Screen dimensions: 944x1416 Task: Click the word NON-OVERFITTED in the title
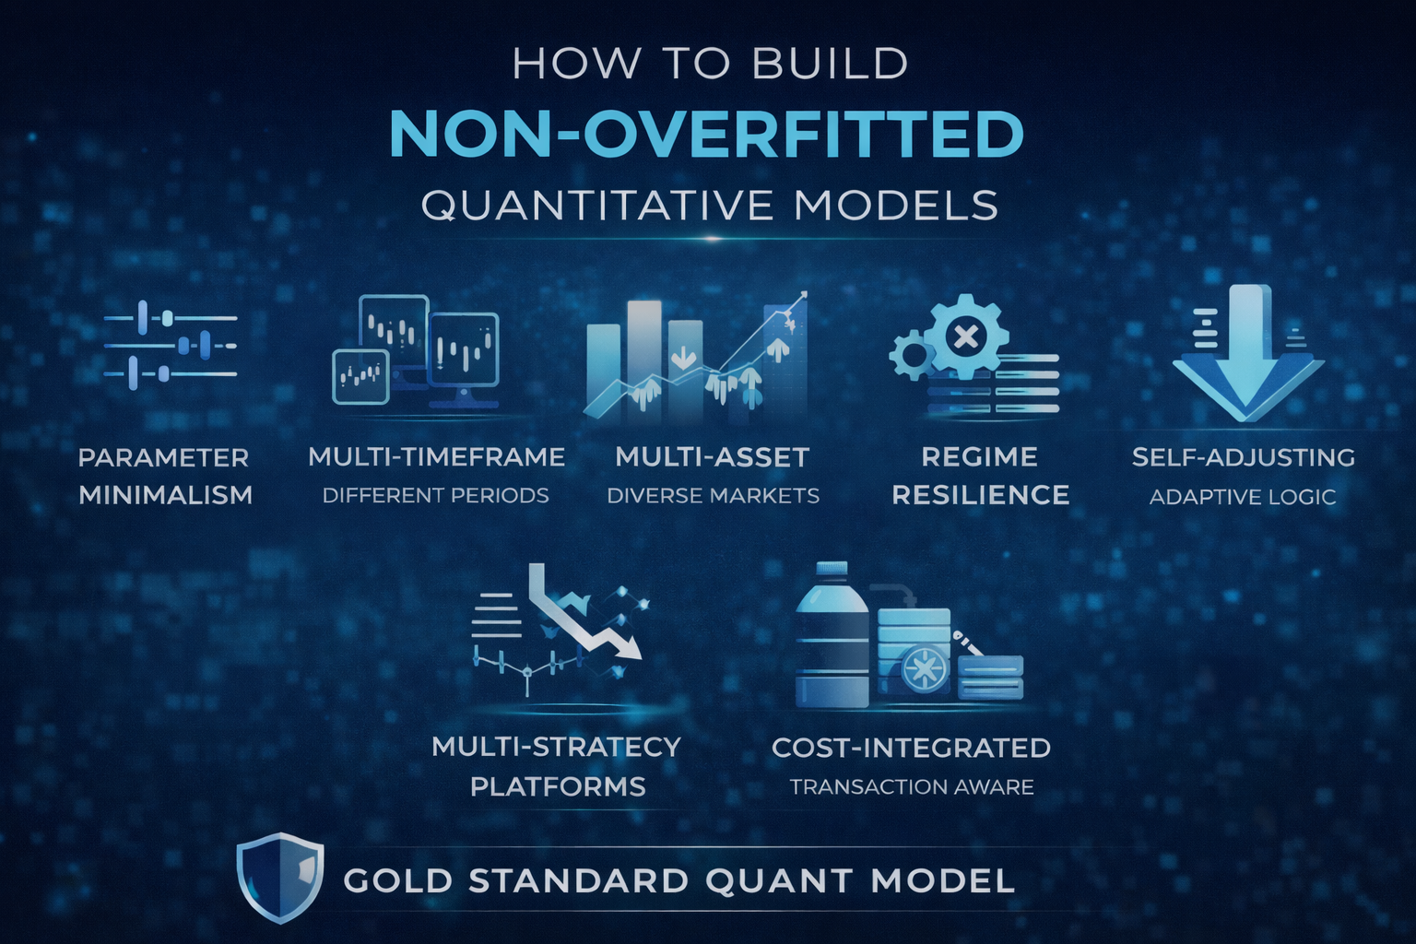click(x=707, y=135)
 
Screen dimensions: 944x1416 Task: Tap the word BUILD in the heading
click(x=830, y=65)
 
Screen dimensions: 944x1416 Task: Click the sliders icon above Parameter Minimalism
click(x=171, y=346)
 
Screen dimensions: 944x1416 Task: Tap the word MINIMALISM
click(x=166, y=495)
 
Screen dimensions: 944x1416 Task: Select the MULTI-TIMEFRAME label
click(x=436, y=457)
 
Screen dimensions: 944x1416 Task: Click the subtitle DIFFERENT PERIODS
click(x=436, y=496)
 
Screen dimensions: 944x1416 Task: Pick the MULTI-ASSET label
click(x=712, y=457)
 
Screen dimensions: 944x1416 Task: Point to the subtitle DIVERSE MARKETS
click(x=713, y=496)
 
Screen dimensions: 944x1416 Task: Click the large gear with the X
click(x=965, y=336)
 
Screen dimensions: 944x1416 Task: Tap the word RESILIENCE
click(x=980, y=495)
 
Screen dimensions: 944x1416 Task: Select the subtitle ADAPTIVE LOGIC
click(x=1243, y=497)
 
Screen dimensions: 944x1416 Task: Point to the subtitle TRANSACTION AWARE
click(x=912, y=787)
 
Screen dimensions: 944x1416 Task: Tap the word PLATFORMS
click(x=558, y=787)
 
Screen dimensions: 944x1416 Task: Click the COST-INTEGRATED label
click(x=911, y=748)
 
